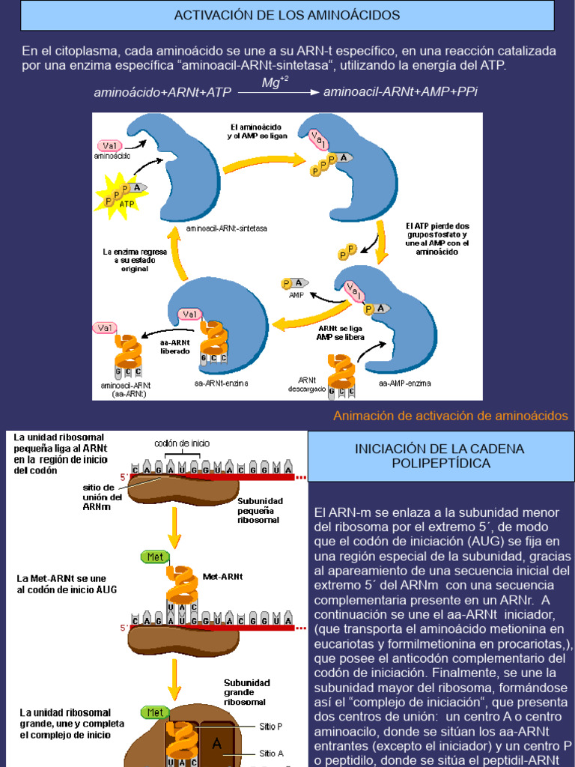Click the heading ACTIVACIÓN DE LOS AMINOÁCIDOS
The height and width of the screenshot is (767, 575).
[x=287, y=15]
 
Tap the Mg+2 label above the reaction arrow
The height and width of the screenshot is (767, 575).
[x=275, y=82]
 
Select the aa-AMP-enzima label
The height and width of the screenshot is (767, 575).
[x=404, y=383]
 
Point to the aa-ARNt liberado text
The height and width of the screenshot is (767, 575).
[x=175, y=346]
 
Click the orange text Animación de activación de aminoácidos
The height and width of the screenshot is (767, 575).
[x=450, y=416]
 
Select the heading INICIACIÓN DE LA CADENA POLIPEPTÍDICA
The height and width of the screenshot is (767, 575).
[x=439, y=455]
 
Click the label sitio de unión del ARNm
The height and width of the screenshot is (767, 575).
[x=103, y=497]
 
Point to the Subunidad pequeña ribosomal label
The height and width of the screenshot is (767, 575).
[x=258, y=510]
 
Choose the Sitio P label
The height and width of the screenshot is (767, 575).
[x=270, y=726]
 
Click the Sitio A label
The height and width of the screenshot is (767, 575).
[x=270, y=754]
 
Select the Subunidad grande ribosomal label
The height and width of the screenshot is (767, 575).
[x=246, y=694]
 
